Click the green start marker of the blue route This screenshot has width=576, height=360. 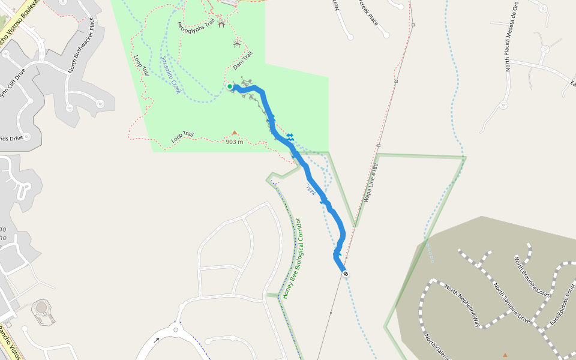tap(230, 86)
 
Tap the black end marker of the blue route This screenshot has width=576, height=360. tap(346, 273)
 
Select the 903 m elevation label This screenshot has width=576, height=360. tap(235, 142)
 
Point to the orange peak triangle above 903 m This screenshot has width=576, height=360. tap(235, 133)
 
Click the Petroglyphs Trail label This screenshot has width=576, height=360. tap(196, 26)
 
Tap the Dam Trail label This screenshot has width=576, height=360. tap(243, 60)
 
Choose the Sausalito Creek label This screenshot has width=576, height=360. tap(170, 74)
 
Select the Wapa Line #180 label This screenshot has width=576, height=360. tap(371, 182)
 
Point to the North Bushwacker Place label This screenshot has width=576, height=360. tap(83, 44)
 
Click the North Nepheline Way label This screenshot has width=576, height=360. tap(462, 305)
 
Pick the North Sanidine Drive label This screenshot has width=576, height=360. tap(511, 302)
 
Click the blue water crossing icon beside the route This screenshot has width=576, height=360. tap(290, 137)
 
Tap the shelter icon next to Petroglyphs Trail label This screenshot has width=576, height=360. tap(221, 24)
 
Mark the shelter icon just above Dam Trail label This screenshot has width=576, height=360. tap(236, 44)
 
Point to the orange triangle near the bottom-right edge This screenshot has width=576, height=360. tap(505, 355)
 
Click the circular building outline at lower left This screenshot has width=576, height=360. tap(41, 308)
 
